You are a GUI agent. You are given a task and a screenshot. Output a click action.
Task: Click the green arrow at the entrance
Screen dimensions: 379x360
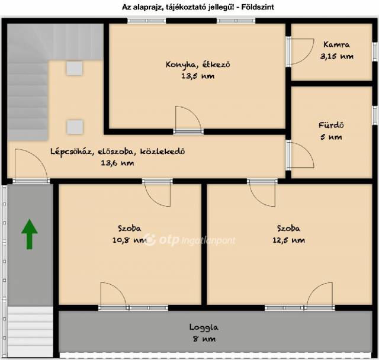click(x=30, y=234)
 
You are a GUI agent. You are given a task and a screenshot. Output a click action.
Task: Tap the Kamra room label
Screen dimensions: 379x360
click(x=336, y=44)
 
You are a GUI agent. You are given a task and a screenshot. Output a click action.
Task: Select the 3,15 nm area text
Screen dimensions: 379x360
click(x=337, y=56)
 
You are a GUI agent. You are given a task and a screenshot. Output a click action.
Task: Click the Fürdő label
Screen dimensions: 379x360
click(x=331, y=125)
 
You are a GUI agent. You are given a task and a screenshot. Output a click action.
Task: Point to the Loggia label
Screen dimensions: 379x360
click(x=204, y=327)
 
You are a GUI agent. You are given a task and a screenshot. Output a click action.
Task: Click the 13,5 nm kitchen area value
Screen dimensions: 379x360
click(x=198, y=76)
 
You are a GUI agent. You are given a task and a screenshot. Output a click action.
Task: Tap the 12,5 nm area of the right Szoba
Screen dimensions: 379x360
click(x=288, y=240)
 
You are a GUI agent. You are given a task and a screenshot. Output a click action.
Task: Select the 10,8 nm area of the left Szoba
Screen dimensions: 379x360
click(x=130, y=240)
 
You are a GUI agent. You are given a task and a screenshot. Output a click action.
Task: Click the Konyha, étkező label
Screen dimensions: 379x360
click(x=198, y=65)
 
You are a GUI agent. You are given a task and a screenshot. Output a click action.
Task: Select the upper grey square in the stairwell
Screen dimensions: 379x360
click(x=75, y=68)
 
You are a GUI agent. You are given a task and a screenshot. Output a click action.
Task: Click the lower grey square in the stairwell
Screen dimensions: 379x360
click(x=75, y=127)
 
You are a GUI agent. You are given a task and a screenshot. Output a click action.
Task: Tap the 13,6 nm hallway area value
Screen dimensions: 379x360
click(x=117, y=163)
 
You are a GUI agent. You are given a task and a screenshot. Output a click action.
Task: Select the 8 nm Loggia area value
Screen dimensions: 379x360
click(x=204, y=339)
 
